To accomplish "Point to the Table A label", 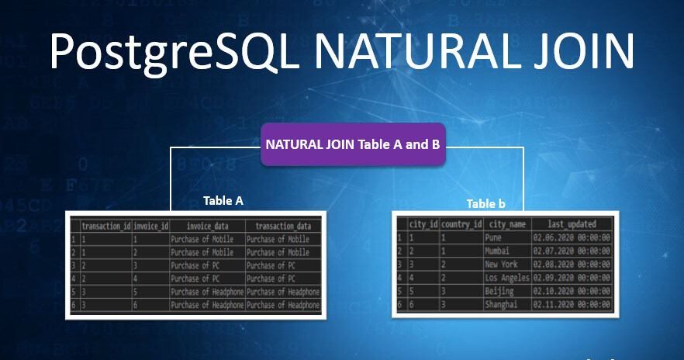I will coord(223,200).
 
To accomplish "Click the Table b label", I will coord(486,203).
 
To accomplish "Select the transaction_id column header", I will coord(105,225).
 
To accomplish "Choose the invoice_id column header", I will coord(150,225).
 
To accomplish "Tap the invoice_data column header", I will coord(206,225).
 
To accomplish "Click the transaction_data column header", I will coord(282,225).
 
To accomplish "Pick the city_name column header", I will coord(507,224).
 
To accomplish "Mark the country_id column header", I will coord(461,224).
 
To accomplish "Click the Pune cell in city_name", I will coord(494,237).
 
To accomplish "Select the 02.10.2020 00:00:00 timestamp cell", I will coord(572,290).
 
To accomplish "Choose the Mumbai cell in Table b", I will coord(497,251).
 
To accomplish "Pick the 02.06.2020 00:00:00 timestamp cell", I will coord(572,237).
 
